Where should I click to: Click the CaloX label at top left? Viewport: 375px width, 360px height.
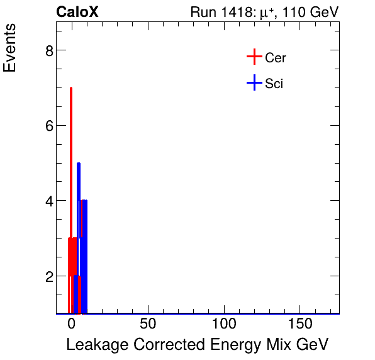click(x=77, y=12)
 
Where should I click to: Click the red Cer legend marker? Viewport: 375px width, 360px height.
click(x=254, y=57)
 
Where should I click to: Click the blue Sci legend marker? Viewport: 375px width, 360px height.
click(x=254, y=82)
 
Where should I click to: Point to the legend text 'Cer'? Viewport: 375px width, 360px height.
click(x=276, y=58)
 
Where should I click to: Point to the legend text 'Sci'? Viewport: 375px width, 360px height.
click(x=274, y=83)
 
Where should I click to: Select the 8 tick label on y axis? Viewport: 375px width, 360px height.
click(x=49, y=50)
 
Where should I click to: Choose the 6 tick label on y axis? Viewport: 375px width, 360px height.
click(x=49, y=126)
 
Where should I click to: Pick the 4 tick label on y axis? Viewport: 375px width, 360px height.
click(x=49, y=201)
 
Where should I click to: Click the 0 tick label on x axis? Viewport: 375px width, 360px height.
click(x=71, y=325)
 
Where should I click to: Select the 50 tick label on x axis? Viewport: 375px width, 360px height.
click(x=147, y=325)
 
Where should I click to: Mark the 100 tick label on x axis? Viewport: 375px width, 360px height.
click(x=223, y=325)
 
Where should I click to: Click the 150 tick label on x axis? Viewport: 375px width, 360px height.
click(x=299, y=325)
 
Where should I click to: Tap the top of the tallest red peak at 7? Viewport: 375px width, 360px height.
click(x=70, y=88)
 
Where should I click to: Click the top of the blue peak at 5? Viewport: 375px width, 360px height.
click(x=79, y=164)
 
